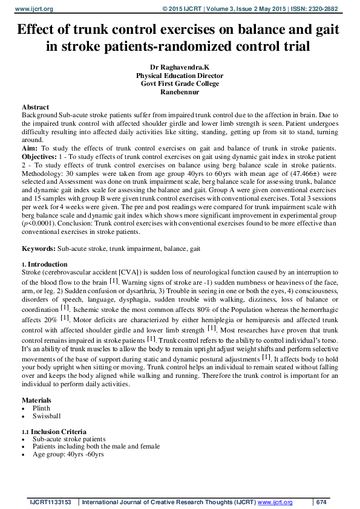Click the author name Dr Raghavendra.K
point(180,68)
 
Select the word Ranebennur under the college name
point(180,92)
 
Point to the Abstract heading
point(35,107)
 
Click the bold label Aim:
point(30,148)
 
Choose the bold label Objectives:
point(41,156)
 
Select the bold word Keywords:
point(39,249)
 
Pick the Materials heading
point(36,400)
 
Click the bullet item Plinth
point(42,408)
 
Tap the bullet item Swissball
point(46,416)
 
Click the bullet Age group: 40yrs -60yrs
point(68,454)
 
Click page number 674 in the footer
point(321,502)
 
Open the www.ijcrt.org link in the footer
point(275,502)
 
